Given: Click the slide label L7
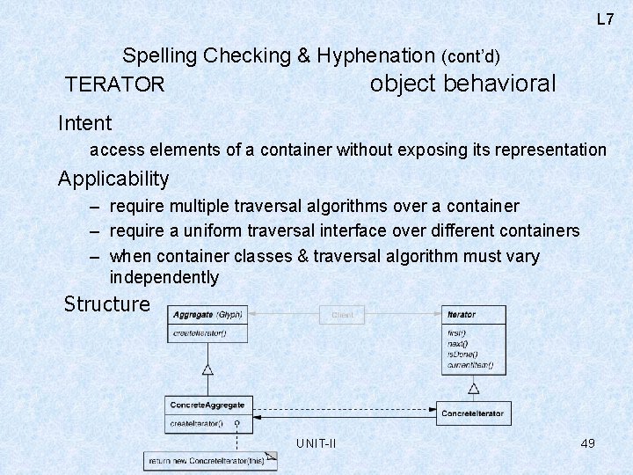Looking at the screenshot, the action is [605, 19].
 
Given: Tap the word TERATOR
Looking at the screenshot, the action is [115, 84].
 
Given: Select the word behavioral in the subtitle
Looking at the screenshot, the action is [500, 84].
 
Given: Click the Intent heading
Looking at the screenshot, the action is [84, 123].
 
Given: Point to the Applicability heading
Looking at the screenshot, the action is [113, 179].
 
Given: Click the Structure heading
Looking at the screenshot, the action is [107, 304].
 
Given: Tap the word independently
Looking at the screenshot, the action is [164, 278].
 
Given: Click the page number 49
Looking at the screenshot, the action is [588, 443].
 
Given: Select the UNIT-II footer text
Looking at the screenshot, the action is [316, 443].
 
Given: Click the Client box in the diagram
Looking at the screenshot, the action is [343, 315].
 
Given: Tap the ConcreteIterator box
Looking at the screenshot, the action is [472, 413].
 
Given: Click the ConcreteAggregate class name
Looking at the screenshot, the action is [207, 406].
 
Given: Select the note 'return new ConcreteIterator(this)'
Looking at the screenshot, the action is [208, 460].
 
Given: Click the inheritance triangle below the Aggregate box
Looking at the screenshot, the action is [207, 369].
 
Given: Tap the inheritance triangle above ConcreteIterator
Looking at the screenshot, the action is [473, 387].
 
